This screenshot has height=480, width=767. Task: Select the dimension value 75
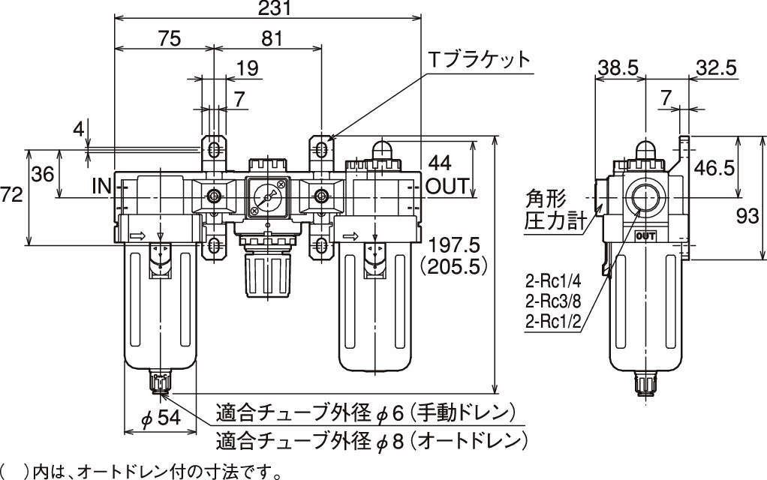click(170, 39)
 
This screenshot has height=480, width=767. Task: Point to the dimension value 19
click(247, 68)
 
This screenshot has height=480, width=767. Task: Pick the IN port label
click(102, 185)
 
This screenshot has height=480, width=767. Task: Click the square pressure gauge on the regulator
click(266, 197)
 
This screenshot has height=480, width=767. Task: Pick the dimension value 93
click(750, 217)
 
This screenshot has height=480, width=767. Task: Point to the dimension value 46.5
click(712, 168)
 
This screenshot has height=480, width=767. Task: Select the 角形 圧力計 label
click(552, 210)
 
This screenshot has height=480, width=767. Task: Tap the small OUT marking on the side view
click(645, 236)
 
